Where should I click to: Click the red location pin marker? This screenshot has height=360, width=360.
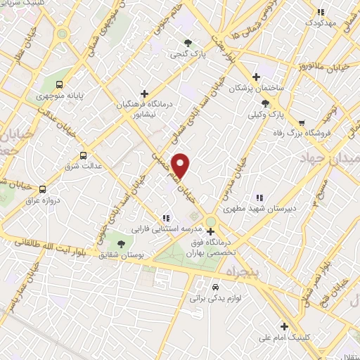point(181,165)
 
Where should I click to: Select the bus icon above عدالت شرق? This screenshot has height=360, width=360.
point(84,155)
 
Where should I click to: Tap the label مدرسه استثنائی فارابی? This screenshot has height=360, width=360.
point(167,229)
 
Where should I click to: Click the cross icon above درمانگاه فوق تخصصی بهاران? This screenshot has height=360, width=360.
point(210,231)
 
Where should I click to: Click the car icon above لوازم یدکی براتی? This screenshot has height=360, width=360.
point(215,287)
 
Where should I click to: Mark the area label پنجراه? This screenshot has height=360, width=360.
point(233,271)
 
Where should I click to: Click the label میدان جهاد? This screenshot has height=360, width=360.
point(330,155)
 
